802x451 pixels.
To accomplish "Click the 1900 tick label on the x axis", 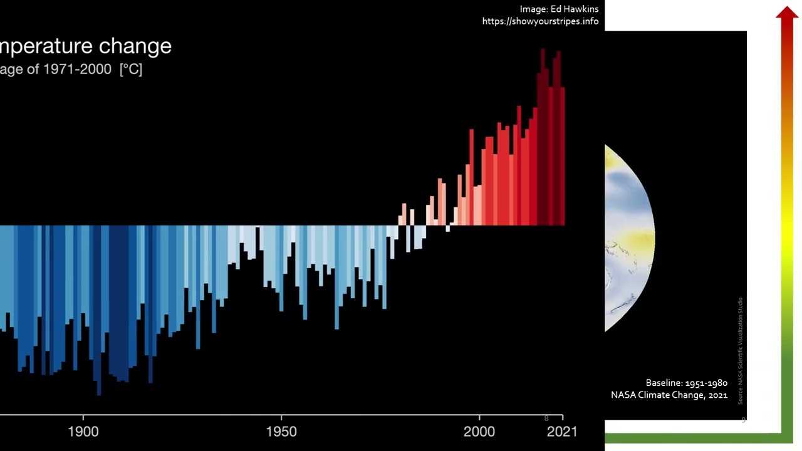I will tap(83, 432).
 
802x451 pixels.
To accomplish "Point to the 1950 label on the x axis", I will tap(281, 432).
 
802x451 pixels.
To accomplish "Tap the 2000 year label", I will tap(479, 432).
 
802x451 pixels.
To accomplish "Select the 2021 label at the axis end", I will tap(562, 432).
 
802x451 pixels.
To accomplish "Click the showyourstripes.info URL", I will tap(540, 21).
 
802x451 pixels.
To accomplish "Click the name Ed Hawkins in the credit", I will tap(575, 9).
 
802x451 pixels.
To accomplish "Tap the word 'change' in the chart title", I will tap(139, 46).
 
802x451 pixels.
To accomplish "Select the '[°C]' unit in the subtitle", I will tap(131, 70).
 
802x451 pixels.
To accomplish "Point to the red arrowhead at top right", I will tap(787, 14).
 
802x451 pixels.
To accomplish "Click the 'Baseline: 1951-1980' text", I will tap(686, 383).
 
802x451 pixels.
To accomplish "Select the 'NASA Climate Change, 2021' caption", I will tap(669, 395).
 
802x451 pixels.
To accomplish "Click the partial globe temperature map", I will tap(628, 238).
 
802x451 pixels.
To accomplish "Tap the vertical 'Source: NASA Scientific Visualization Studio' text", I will tap(740, 351).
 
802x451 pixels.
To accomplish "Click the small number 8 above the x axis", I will tap(546, 418).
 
